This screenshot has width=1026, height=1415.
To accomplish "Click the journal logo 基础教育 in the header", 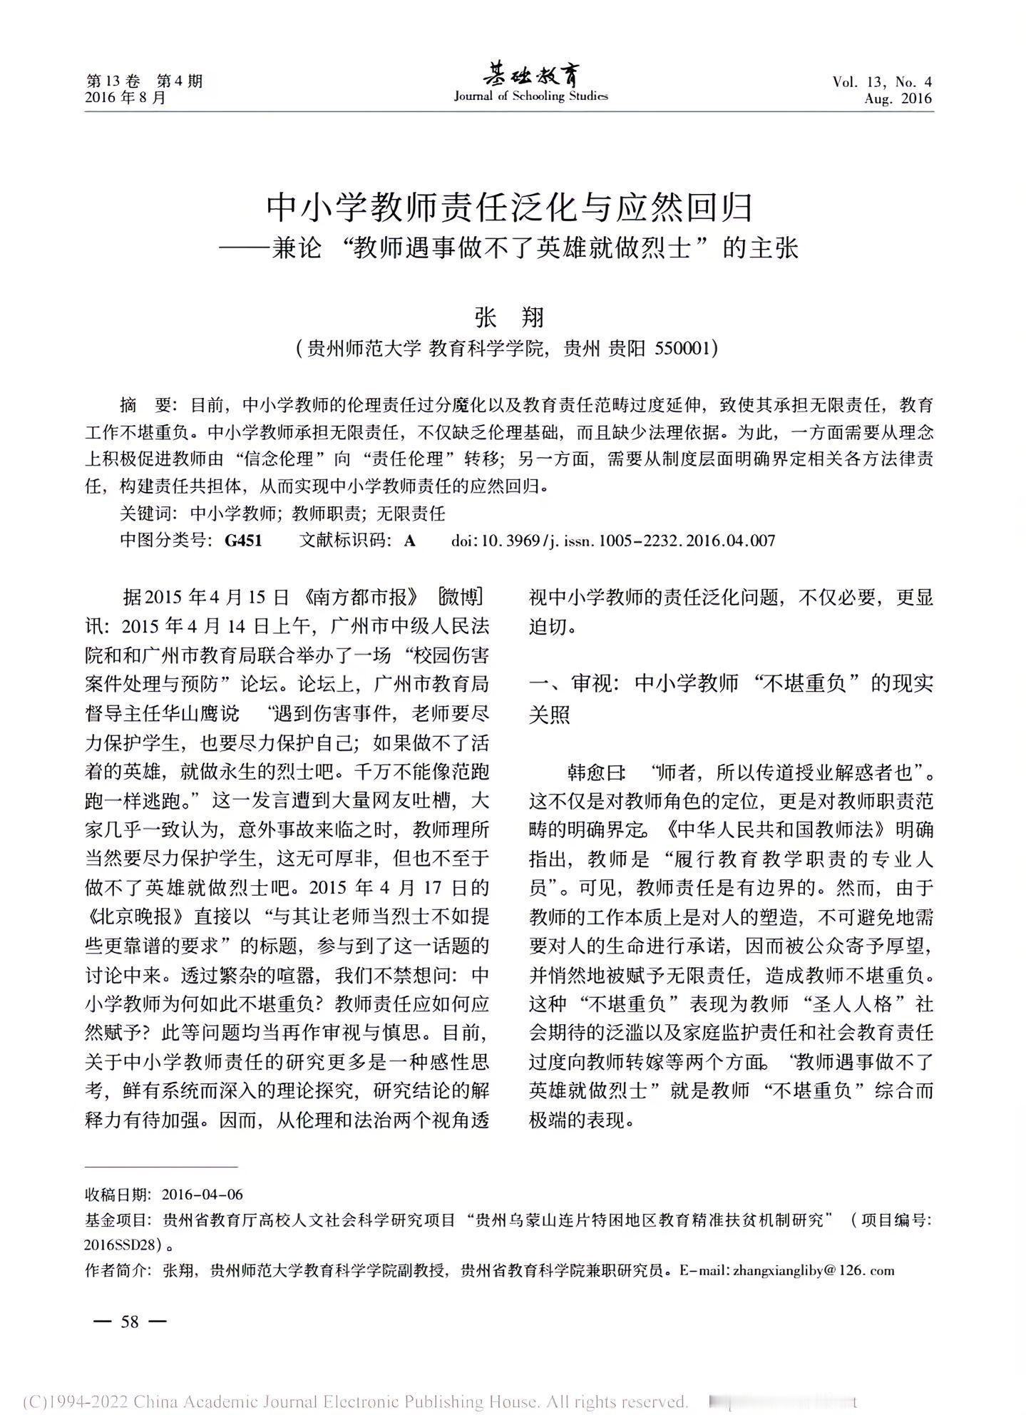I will pyautogui.click(x=531, y=73).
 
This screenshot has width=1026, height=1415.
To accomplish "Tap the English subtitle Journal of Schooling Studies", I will pyautogui.click(x=531, y=96).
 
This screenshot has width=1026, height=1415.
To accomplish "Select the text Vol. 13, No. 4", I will pyautogui.click(x=881, y=82).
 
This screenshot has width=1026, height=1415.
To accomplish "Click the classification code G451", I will pyautogui.click(x=243, y=541).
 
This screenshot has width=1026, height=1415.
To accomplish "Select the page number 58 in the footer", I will pyautogui.click(x=130, y=1322).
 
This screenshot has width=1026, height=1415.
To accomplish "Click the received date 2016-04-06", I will pyautogui.click(x=202, y=1195).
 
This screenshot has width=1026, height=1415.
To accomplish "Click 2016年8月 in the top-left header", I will pyautogui.click(x=125, y=98).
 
